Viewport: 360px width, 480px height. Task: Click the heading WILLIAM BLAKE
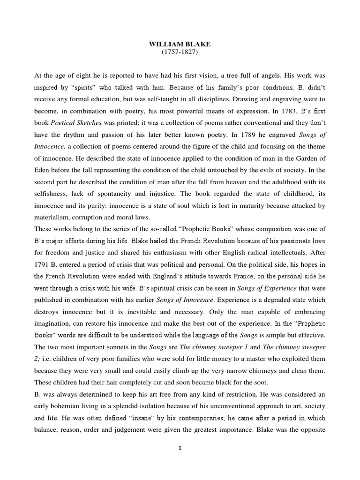pos(180,44)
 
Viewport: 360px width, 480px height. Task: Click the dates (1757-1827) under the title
pos(180,52)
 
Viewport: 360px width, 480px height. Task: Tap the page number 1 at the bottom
pos(180,448)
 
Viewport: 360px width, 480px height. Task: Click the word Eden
pos(43,169)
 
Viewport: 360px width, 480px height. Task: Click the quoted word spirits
pos(79,88)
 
